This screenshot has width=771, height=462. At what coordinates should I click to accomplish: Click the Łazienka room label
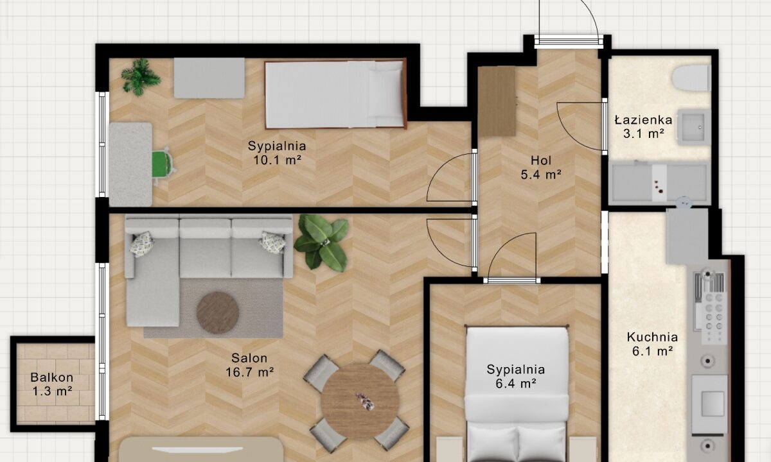[x=643, y=120]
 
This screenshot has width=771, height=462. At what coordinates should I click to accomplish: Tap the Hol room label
[x=541, y=160]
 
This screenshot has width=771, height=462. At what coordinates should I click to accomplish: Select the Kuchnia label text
[x=652, y=337]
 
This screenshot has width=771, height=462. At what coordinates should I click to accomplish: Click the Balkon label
[x=51, y=377]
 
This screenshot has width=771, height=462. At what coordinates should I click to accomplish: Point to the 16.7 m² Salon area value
[x=249, y=372]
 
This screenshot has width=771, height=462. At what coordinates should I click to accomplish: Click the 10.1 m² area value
[x=278, y=160]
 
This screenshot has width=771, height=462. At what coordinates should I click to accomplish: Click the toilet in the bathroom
[x=691, y=78]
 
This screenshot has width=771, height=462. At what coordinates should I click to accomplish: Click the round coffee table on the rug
[x=218, y=313]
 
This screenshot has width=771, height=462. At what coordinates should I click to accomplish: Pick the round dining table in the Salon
[x=360, y=402]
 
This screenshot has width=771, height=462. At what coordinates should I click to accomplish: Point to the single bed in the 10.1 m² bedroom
[x=335, y=94]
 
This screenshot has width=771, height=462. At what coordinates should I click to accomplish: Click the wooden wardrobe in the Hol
[x=497, y=101]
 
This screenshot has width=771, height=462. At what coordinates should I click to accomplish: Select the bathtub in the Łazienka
[x=659, y=182]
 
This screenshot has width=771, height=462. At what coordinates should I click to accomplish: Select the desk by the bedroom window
[x=130, y=164]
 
